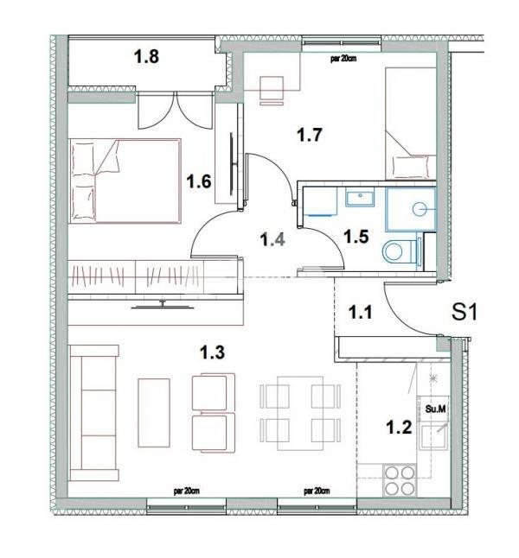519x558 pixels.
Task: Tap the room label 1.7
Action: point(310,135)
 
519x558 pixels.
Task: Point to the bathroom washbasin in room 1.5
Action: point(357,200)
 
